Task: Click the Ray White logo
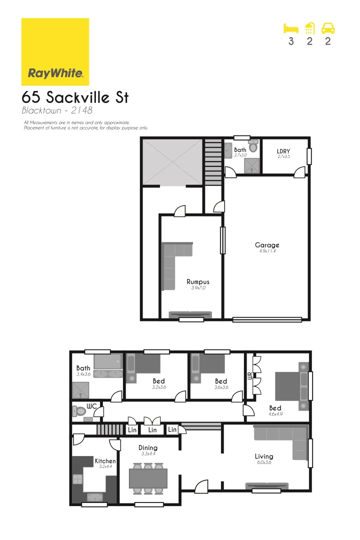[55, 52]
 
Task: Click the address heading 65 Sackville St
[75, 97]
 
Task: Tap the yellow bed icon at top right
[291, 28]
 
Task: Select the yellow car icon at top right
[328, 28]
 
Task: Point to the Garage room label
[267, 245]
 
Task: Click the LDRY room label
[283, 151]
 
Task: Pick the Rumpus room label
[198, 282]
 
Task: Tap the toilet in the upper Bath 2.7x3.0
[253, 146]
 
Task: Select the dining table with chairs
[148, 478]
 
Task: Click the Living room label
[264, 456]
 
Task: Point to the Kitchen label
[105, 461]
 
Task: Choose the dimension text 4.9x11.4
[267, 251]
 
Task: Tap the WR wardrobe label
[250, 376]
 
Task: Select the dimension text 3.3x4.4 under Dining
[148, 454]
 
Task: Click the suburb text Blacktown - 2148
[57, 110]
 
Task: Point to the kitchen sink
[94, 497]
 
